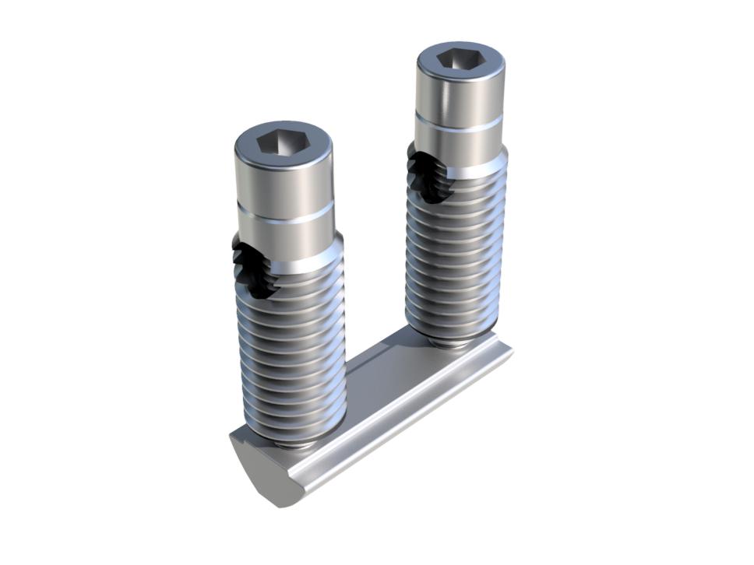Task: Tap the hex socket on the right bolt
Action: pos(460,60)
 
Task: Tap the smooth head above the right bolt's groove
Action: pos(460,93)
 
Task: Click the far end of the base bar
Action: pos(499,354)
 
